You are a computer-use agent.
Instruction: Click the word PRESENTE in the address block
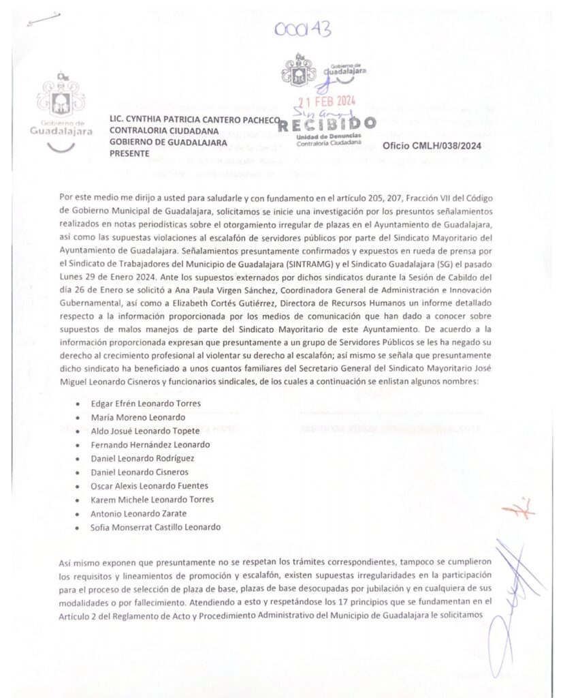pos(129,153)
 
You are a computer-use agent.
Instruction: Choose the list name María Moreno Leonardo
pos(138,416)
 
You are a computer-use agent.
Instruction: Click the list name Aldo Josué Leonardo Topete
pos(145,430)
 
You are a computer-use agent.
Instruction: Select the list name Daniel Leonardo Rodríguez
pos(142,458)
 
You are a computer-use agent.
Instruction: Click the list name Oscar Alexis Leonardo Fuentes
pos(149,485)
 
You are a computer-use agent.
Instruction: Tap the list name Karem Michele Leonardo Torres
pos(152,500)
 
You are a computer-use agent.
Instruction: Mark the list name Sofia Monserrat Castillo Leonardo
pos(156,527)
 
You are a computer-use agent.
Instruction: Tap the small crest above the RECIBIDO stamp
pos(297,70)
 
